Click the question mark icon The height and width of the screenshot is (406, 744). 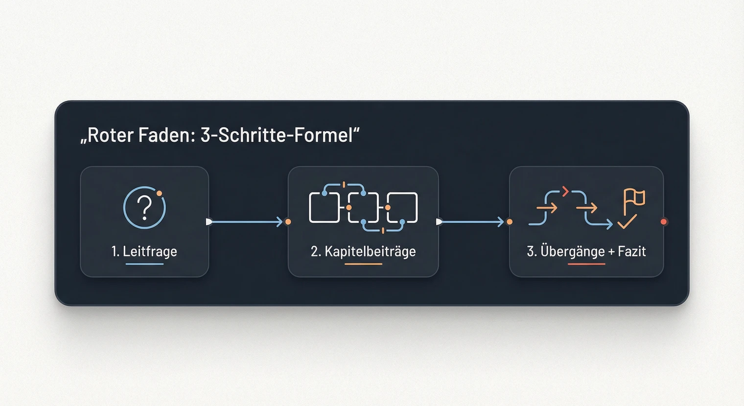click(x=145, y=208)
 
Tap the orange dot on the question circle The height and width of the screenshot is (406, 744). click(x=159, y=193)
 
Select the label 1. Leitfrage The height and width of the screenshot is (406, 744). click(x=144, y=251)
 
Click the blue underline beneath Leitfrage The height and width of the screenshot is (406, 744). click(x=144, y=264)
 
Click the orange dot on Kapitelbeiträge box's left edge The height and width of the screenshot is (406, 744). click(x=288, y=222)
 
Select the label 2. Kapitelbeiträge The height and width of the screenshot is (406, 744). click(x=363, y=251)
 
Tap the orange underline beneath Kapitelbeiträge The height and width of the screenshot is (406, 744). click(x=363, y=264)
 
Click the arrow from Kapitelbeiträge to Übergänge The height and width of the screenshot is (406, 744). click(x=472, y=222)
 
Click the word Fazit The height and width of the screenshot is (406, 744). click(x=632, y=251)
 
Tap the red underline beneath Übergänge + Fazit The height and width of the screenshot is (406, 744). click(x=586, y=264)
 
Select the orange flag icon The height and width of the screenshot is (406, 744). click(x=634, y=199)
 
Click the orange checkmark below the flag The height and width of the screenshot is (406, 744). click(x=627, y=222)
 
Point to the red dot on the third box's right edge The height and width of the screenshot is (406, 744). click(x=664, y=222)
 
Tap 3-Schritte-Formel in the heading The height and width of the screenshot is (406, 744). click(x=277, y=135)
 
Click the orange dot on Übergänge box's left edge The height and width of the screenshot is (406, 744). click(x=510, y=222)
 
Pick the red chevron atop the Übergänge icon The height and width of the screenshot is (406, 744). click(x=565, y=191)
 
